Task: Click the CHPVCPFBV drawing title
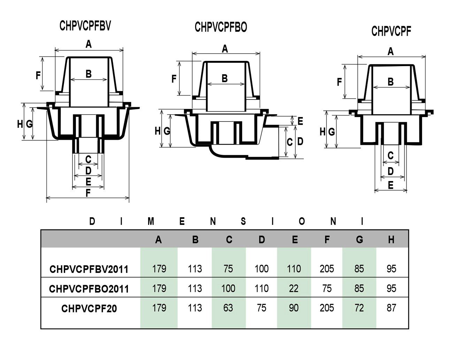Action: pos(85,26)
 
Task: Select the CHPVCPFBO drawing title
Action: pos(221,27)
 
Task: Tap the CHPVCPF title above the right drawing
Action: pos(391,31)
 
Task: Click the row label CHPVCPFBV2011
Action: pos(89,269)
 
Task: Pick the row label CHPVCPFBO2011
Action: pos(89,289)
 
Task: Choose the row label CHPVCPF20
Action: pos(89,308)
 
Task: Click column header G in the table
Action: pos(359,240)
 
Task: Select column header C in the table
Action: pos(229,240)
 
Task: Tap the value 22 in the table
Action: pos(294,288)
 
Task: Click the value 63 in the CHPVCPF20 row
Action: pos(228,308)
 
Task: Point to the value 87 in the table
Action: pos(391,308)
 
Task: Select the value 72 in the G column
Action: pos(359,308)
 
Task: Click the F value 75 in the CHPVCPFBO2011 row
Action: pos(327,288)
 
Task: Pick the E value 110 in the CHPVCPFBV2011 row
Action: pos(294,269)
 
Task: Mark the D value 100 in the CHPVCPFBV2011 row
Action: pos(261,269)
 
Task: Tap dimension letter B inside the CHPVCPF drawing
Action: pos(391,82)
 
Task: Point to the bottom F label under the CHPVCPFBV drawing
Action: pos(88,193)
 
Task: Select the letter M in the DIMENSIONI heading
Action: pos(151,221)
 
